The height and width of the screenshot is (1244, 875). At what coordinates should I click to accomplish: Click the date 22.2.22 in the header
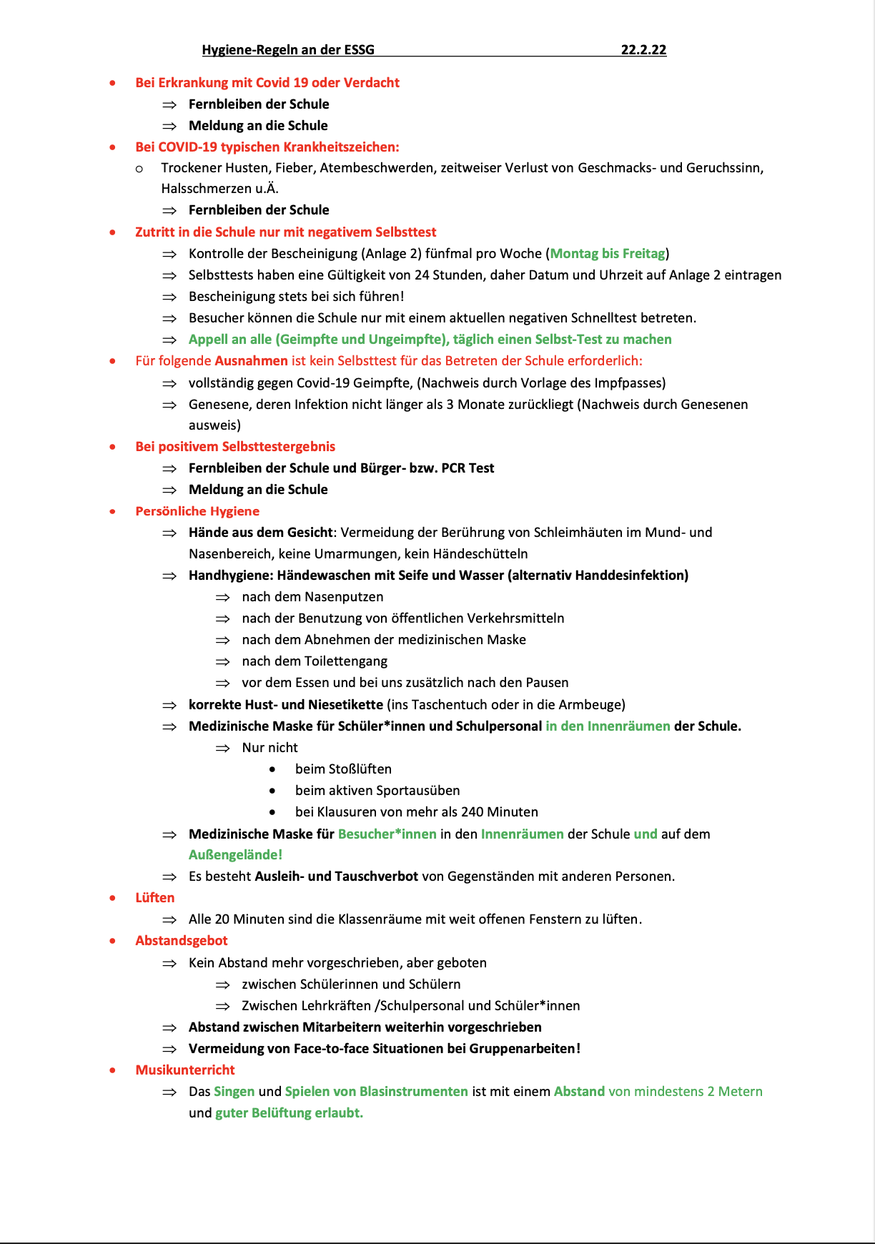643,49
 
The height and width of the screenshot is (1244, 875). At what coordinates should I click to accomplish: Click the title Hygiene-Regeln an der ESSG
288,49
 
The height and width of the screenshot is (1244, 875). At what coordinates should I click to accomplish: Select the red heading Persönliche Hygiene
197,511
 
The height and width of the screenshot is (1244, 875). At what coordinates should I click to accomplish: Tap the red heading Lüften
155,898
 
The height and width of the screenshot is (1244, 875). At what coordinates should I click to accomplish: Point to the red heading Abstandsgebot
182,941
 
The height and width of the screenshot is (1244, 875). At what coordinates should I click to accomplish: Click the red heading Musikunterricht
185,1070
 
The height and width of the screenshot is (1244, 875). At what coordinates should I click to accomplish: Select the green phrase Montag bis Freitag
608,254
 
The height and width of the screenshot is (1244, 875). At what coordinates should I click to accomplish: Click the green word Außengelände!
235,855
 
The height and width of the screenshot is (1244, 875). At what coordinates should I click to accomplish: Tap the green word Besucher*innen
387,834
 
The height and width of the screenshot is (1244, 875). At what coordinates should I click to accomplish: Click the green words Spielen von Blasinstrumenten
376,1092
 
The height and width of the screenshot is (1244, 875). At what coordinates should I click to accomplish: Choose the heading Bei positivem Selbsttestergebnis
235,447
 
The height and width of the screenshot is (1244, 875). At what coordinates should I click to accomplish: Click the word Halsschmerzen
204,189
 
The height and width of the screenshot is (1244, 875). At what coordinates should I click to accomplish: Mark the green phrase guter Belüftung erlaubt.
289,1113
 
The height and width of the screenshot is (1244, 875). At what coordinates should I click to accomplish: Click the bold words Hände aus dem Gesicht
260,533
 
